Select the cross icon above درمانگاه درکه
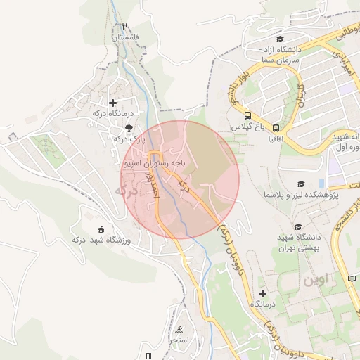(x=112, y=103)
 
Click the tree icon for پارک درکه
(x=128, y=127)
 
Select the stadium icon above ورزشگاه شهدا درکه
(x=101, y=229)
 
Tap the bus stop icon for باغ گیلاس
(x=247, y=115)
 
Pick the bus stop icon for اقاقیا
(x=276, y=128)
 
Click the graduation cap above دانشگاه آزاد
(x=280, y=39)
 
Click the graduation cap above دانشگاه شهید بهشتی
(x=298, y=226)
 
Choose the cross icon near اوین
(x=263, y=292)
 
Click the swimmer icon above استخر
(x=181, y=330)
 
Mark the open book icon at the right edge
(x=352, y=279)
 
